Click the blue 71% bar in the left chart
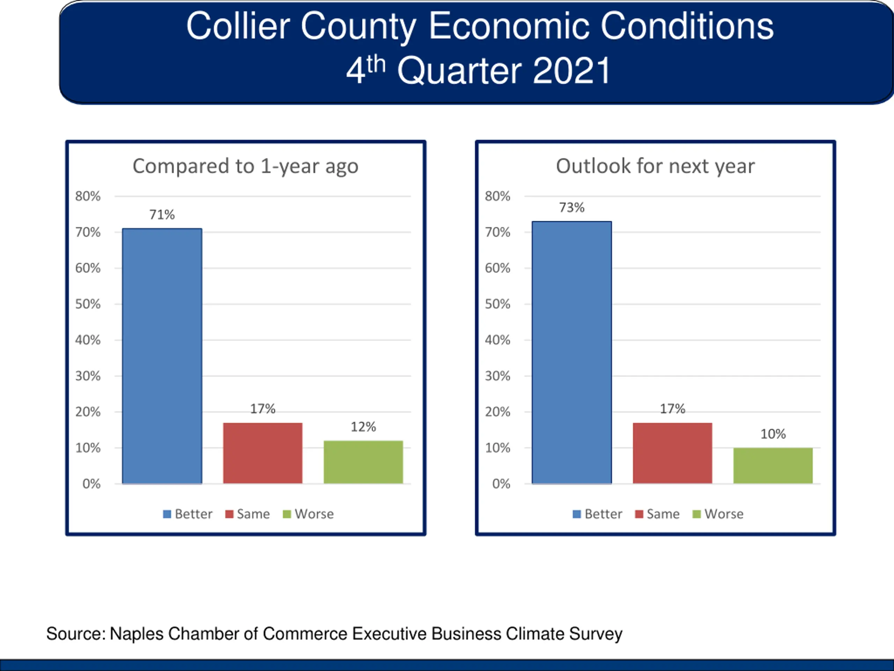tap(162, 356)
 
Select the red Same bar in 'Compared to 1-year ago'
tap(263, 453)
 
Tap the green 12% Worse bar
tap(363, 462)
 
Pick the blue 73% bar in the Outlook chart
tap(571, 352)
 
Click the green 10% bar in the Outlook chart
tap(773, 466)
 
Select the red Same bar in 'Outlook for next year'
tap(672, 453)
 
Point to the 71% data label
tap(162, 214)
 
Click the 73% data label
tap(571, 208)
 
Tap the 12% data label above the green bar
tap(363, 427)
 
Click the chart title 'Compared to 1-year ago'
tap(245, 166)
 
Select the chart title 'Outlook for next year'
tap(655, 166)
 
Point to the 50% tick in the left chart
tap(88, 304)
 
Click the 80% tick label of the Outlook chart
tap(498, 196)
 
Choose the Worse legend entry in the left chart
tap(309, 514)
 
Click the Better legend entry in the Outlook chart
tap(598, 514)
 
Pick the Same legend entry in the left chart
tap(248, 514)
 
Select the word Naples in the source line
tap(137, 634)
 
